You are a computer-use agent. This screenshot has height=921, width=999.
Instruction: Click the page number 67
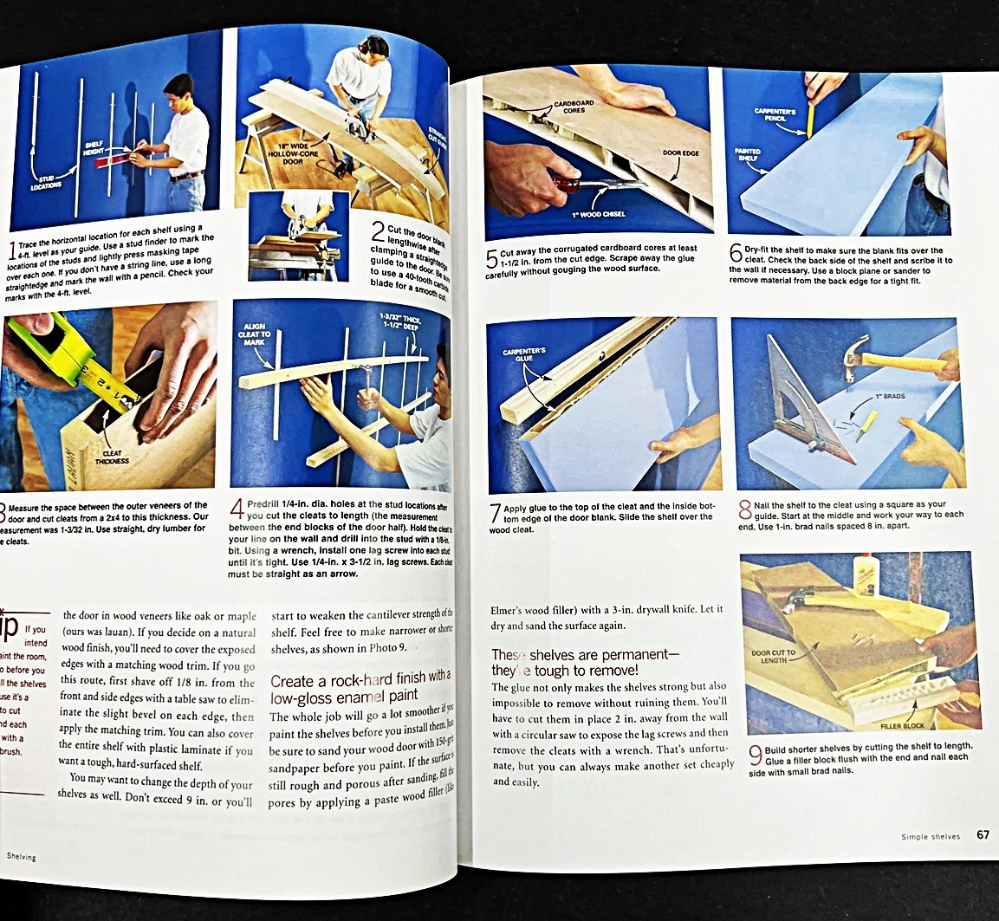point(983,835)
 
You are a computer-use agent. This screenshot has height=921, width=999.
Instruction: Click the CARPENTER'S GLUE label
point(523,356)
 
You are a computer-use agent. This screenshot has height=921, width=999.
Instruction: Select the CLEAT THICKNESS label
point(113,457)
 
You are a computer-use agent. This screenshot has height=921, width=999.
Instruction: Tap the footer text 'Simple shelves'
point(931,837)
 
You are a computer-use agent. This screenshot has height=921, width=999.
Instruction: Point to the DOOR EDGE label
point(681,153)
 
